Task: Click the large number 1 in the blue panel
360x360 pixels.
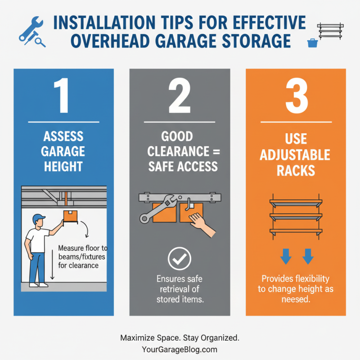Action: (62, 95)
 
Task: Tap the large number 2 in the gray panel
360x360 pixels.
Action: (180, 95)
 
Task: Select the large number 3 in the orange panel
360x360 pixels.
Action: (297, 95)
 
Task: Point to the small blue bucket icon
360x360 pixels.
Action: (312, 43)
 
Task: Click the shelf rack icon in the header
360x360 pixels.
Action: (330, 31)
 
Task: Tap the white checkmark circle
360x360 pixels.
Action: (179, 258)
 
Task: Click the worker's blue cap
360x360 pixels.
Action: (38, 219)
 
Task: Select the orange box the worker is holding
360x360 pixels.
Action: (70, 216)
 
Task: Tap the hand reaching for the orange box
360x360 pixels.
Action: (202, 225)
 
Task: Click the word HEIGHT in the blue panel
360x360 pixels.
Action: (63, 166)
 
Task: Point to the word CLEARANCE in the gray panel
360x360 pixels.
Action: (178, 151)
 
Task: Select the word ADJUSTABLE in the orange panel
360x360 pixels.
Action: (295, 155)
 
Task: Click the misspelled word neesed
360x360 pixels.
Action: (296, 299)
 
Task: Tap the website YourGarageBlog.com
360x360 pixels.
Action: (180, 350)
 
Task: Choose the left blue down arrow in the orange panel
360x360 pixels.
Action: (286, 256)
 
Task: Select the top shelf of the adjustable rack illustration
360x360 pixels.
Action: (296, 202)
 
